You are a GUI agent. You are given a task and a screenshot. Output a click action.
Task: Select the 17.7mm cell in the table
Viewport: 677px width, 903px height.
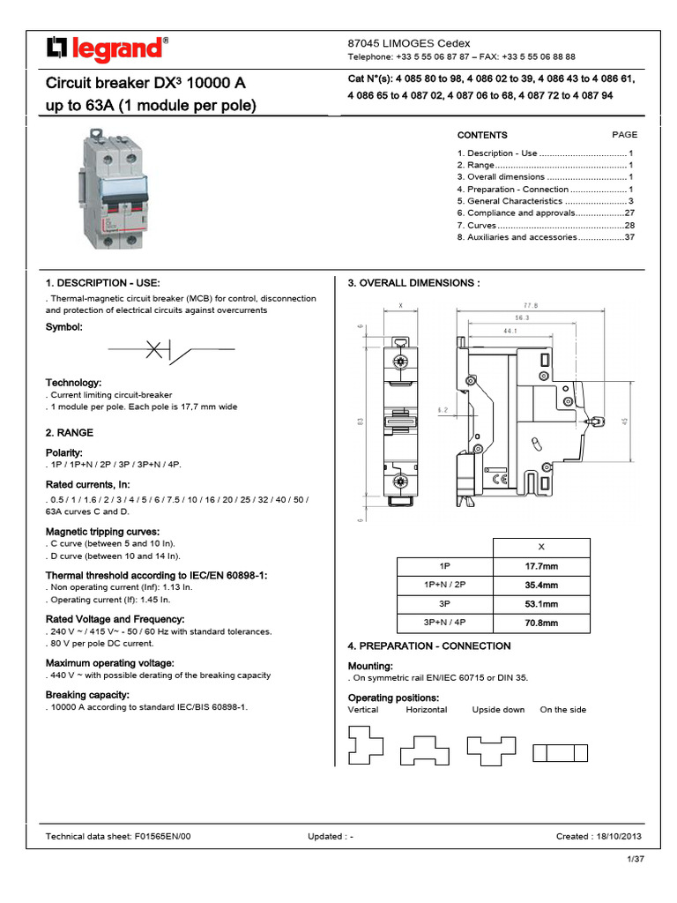(541, 566)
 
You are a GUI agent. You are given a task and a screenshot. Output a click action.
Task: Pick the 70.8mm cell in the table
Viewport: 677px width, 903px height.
(541, 623)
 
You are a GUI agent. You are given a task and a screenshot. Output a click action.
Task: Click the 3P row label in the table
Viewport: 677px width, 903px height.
(444, 604)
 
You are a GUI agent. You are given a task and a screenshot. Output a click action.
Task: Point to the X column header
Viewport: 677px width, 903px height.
(541, 547)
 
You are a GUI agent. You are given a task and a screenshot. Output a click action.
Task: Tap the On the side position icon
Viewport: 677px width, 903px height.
(561, 752)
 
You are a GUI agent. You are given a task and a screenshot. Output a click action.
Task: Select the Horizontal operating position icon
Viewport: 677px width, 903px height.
(425, 750)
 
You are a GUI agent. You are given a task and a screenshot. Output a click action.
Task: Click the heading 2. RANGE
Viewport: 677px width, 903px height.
(69, 433)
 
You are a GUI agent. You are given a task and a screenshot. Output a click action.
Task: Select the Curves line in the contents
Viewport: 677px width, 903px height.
(546, 226)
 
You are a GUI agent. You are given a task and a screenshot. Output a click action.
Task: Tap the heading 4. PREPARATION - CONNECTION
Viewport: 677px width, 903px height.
(429, 646)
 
